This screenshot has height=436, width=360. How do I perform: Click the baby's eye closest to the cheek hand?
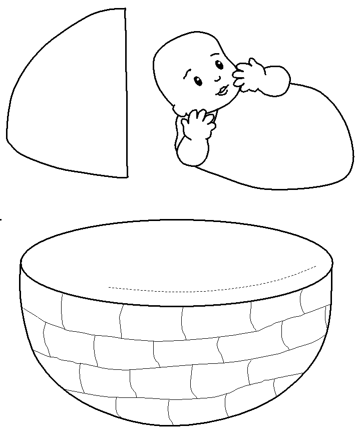219,64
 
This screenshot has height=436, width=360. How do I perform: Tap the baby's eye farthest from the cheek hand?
198,80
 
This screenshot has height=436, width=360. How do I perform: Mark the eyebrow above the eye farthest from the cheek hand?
186,74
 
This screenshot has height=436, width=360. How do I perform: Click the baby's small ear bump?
178,108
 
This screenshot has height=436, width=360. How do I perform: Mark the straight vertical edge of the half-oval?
125,95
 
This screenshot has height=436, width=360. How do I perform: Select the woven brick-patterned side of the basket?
175,361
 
